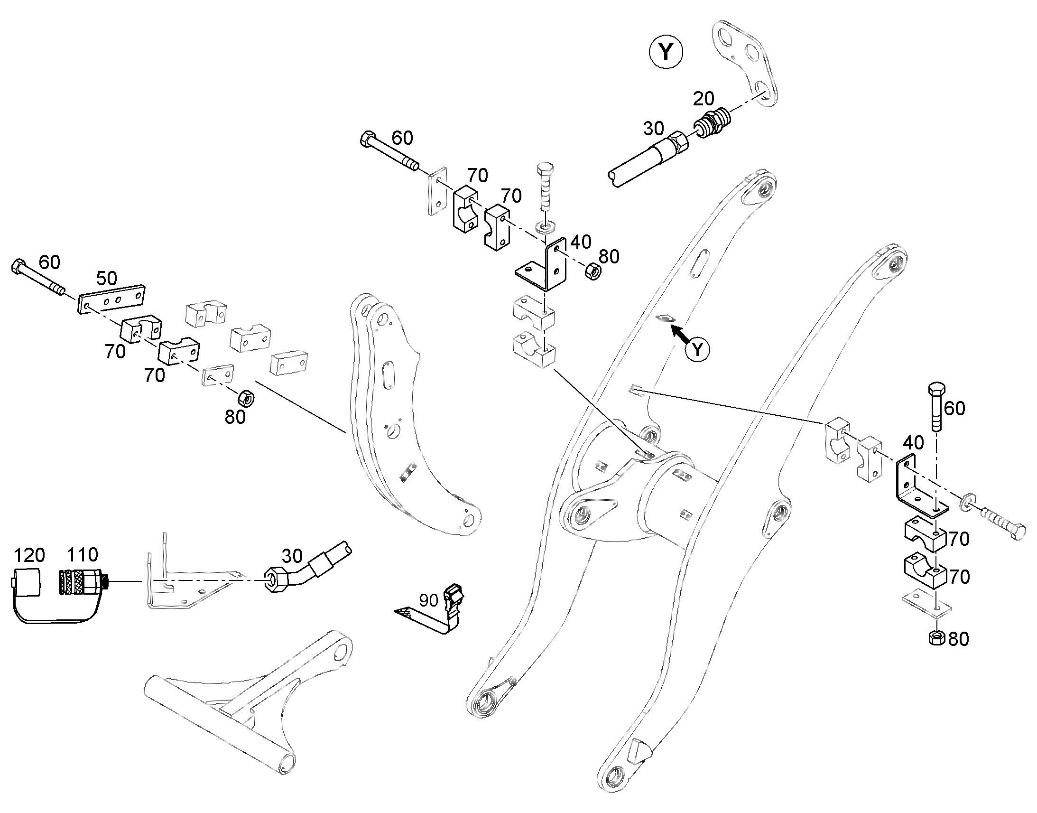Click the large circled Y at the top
coord(666,52)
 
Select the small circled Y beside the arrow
coord(697,350)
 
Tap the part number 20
coord(704,99)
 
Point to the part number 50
coord(107,279)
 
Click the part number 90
coord(428,600)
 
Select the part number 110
coord(82,554)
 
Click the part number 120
coord(29,555)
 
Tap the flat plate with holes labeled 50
coord(111,299)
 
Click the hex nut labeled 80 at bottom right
coord(936,638)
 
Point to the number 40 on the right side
coord(913,443)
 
